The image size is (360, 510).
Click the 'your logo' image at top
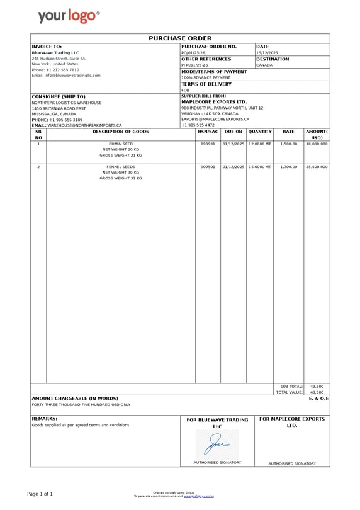(x=68, y=16)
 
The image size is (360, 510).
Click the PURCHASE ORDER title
(x=180, y=38)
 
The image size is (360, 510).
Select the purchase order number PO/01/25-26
(x=193, y=53)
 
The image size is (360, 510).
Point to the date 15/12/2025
(x=267, y=53)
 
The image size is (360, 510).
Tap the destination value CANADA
(x=264, y=65)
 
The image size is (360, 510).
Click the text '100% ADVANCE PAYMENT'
(x=206, y=77)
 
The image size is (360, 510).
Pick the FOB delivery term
(x=185, y=90)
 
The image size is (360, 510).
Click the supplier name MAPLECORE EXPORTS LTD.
(x=214, y=101)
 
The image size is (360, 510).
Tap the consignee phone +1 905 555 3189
(x=66, y=120)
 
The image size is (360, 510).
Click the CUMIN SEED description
(x=121, y=144)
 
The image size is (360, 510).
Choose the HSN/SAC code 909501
(x=208, y=167)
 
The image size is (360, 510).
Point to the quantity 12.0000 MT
(x=260, y=144)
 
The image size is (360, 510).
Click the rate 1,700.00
(x=288, y=167)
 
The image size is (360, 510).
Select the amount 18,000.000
(x=317, y=144)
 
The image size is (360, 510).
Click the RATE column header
(x=288, y=132)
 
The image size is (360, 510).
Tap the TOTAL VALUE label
(x=290, y=392)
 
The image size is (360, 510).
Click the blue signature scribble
(x=217, y=444)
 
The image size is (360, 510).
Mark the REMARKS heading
(x=45, y=418)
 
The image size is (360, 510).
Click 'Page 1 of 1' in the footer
(x=40, y=494)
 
